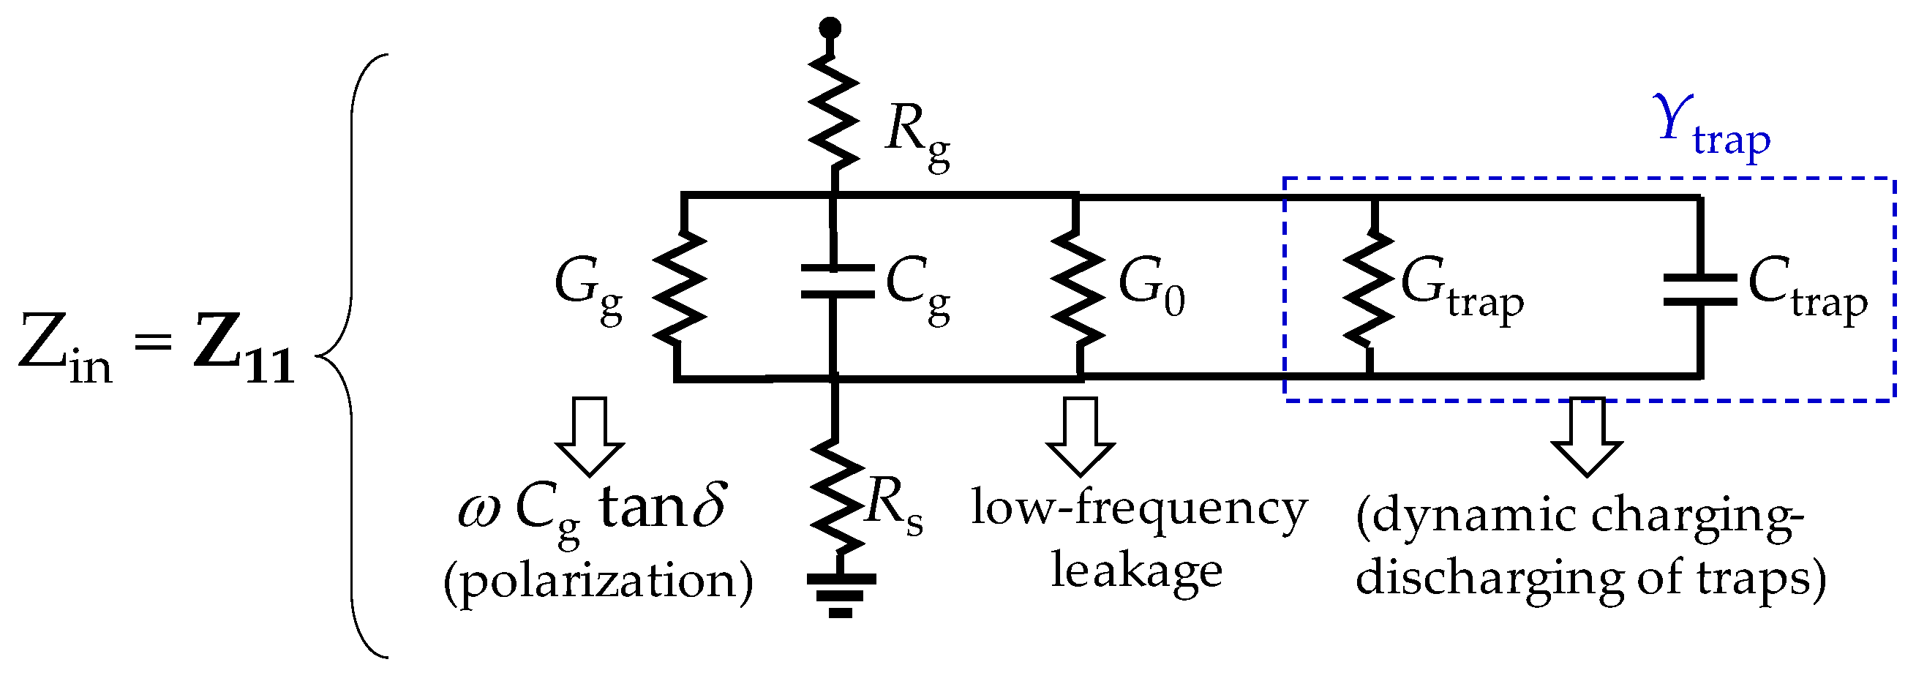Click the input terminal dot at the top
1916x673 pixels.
(x=830, y=29)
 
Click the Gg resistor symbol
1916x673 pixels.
(x=678, y=287)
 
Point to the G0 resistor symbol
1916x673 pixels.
(x=1077, y=287)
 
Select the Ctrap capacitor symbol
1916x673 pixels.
(x=1700, y=289)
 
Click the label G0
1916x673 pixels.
(x=1152, y=288)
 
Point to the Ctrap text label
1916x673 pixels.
(x=1808, y=291)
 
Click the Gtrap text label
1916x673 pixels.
(x=1462, y=291)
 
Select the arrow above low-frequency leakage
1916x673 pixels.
(x=1080, y=435)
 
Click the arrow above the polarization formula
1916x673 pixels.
(x=590, y=435)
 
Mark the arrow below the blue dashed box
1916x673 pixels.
(x=1587, y=435)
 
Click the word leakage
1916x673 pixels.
(x=1135, y=571)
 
